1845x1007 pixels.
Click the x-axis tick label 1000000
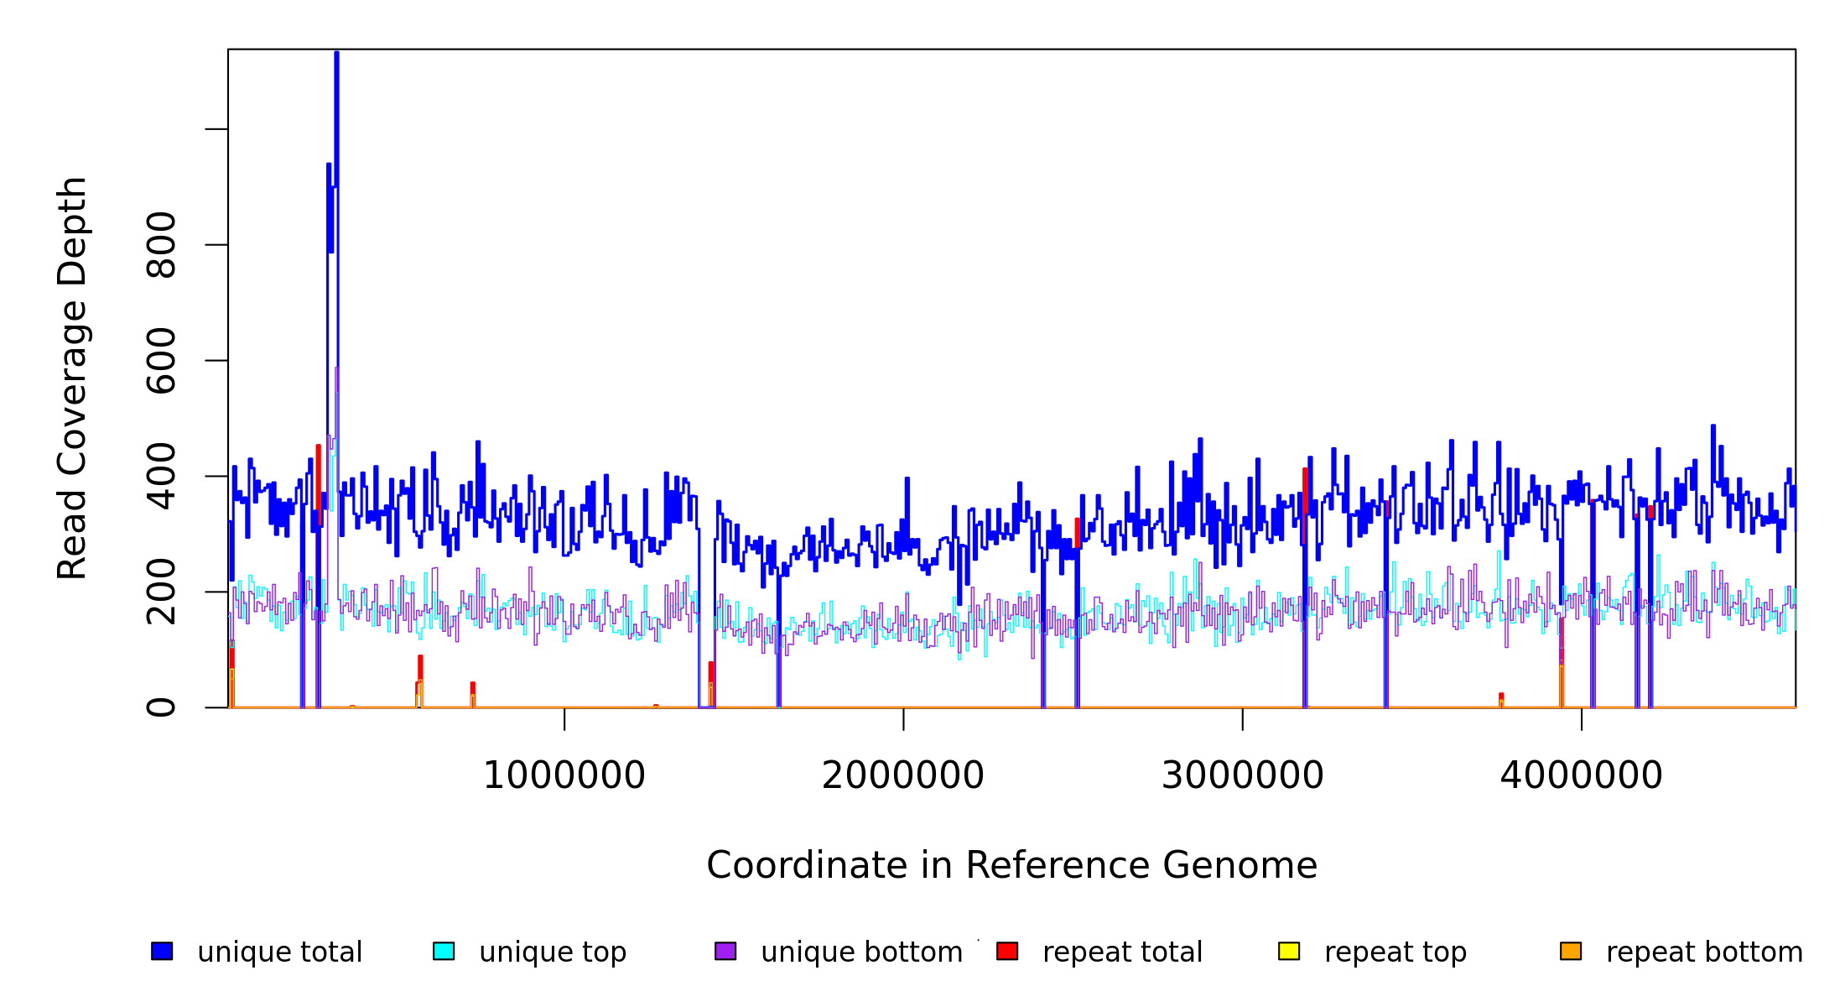[564, 776]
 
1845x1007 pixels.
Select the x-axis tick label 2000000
[903, 776]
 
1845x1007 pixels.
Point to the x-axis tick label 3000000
[1242, 776]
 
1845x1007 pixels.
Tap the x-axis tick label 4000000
[1581, 776]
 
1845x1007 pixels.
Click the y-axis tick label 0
[161, 707]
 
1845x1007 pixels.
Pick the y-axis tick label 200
[161, 592]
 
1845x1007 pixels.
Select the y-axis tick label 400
[161, 477]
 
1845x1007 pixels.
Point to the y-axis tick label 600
[161, 361]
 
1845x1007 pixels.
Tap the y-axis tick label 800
[161, 245]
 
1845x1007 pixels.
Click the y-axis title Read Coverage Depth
[72, 378]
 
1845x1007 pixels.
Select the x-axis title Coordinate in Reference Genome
[1011, 866]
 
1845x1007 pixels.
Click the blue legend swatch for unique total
[162, 951]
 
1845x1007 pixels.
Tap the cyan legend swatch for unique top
[444, 951]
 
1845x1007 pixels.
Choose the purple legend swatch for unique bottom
[725, 951]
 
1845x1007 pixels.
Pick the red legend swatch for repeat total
[1007, 951]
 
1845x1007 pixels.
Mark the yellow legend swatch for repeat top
[1289, 951]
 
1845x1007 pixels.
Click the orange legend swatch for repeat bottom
[1571, 951]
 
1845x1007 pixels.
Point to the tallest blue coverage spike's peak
[336, 54]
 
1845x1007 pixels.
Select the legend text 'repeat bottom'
[1704, 952]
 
